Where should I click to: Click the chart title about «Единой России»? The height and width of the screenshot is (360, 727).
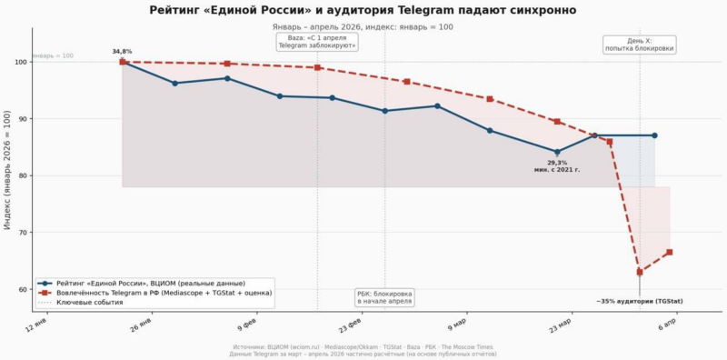[363, 10]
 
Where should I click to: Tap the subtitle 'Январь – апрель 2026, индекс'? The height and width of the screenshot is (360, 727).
[363, 27]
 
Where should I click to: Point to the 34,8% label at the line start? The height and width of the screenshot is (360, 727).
[122, 52]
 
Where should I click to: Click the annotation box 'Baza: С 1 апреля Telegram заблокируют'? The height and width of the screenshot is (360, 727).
[317, 41]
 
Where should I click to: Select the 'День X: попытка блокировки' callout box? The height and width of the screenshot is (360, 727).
[640, 45]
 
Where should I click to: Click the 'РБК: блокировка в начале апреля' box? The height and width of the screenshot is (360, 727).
[384, 297]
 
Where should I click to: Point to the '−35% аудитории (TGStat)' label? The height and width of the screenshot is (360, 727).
[640, 301]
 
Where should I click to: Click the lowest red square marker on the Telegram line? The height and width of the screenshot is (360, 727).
[640, 272]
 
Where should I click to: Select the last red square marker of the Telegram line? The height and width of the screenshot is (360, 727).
[669, 252]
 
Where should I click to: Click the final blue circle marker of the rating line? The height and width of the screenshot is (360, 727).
[654, 135]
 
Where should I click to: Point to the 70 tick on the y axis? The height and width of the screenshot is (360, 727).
[22, 233]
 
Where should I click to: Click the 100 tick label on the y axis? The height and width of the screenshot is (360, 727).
[19, 63]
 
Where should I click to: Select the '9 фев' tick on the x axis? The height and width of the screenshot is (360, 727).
[245, 324]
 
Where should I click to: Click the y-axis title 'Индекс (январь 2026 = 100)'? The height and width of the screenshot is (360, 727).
[7, 170]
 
